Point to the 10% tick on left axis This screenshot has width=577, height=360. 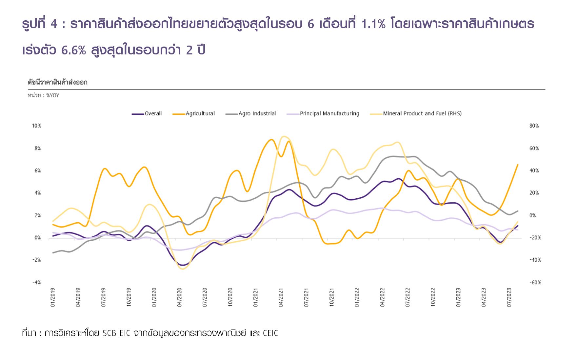click(36, 126)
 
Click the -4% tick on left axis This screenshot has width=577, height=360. click(36, 282)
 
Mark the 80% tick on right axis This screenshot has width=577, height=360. click(534, 126)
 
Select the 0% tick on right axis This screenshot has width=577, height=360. click(532, 215)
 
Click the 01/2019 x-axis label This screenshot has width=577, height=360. click(53, 297)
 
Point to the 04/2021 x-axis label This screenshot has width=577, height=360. click(281, 297)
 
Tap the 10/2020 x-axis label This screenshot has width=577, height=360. click(230, 297)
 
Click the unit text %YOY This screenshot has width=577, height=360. click(52, 96)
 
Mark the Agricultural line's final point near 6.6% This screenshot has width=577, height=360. click(518, 165)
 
